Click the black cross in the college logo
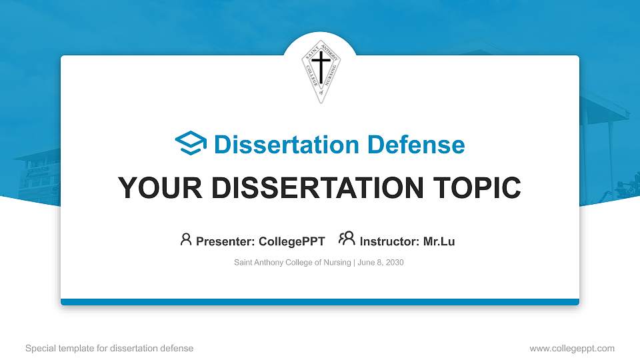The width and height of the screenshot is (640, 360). pyautogui.click(x=321, y=68)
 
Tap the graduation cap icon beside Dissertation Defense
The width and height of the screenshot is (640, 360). pyautogui.click(x=191, y=144)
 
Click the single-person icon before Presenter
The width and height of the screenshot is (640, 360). pyautogui.click(x=186, y=240)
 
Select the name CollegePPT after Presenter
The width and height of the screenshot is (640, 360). pyautogui.click(x=291, y=241)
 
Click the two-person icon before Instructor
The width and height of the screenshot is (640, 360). pyautogui.click(x=347, y=240)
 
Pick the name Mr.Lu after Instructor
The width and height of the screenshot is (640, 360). pyautogui.click(x=439, y=241)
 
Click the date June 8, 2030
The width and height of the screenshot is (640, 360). pyautogui.click(x=381, y=263)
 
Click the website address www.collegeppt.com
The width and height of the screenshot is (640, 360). pyautogui.click(x=572, y=348)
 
